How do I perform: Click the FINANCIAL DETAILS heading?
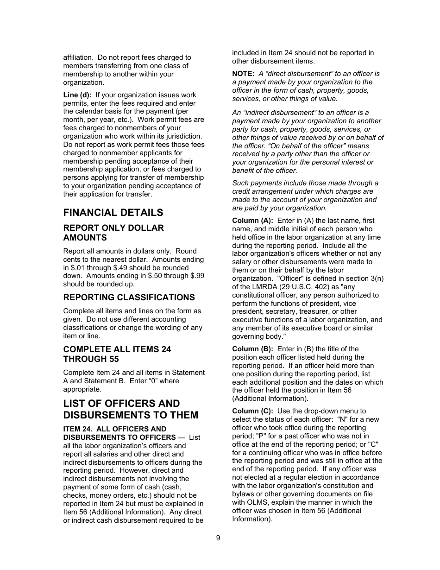pos(113,213)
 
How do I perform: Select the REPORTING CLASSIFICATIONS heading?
pos(129,298)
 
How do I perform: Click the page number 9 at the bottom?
pos(218,538)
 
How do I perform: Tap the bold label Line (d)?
pos(77,95)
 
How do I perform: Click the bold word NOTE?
pos(243,74)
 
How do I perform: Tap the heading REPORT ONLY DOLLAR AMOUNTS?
pos(113,233)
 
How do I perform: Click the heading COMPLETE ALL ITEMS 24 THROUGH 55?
pos(117,354)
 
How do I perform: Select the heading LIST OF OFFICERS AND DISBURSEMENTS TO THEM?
pos(130,409)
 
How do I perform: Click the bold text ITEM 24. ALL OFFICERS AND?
pos(114,429)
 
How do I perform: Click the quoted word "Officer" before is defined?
pos(290,279)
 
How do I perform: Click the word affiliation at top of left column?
pos(79,57)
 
